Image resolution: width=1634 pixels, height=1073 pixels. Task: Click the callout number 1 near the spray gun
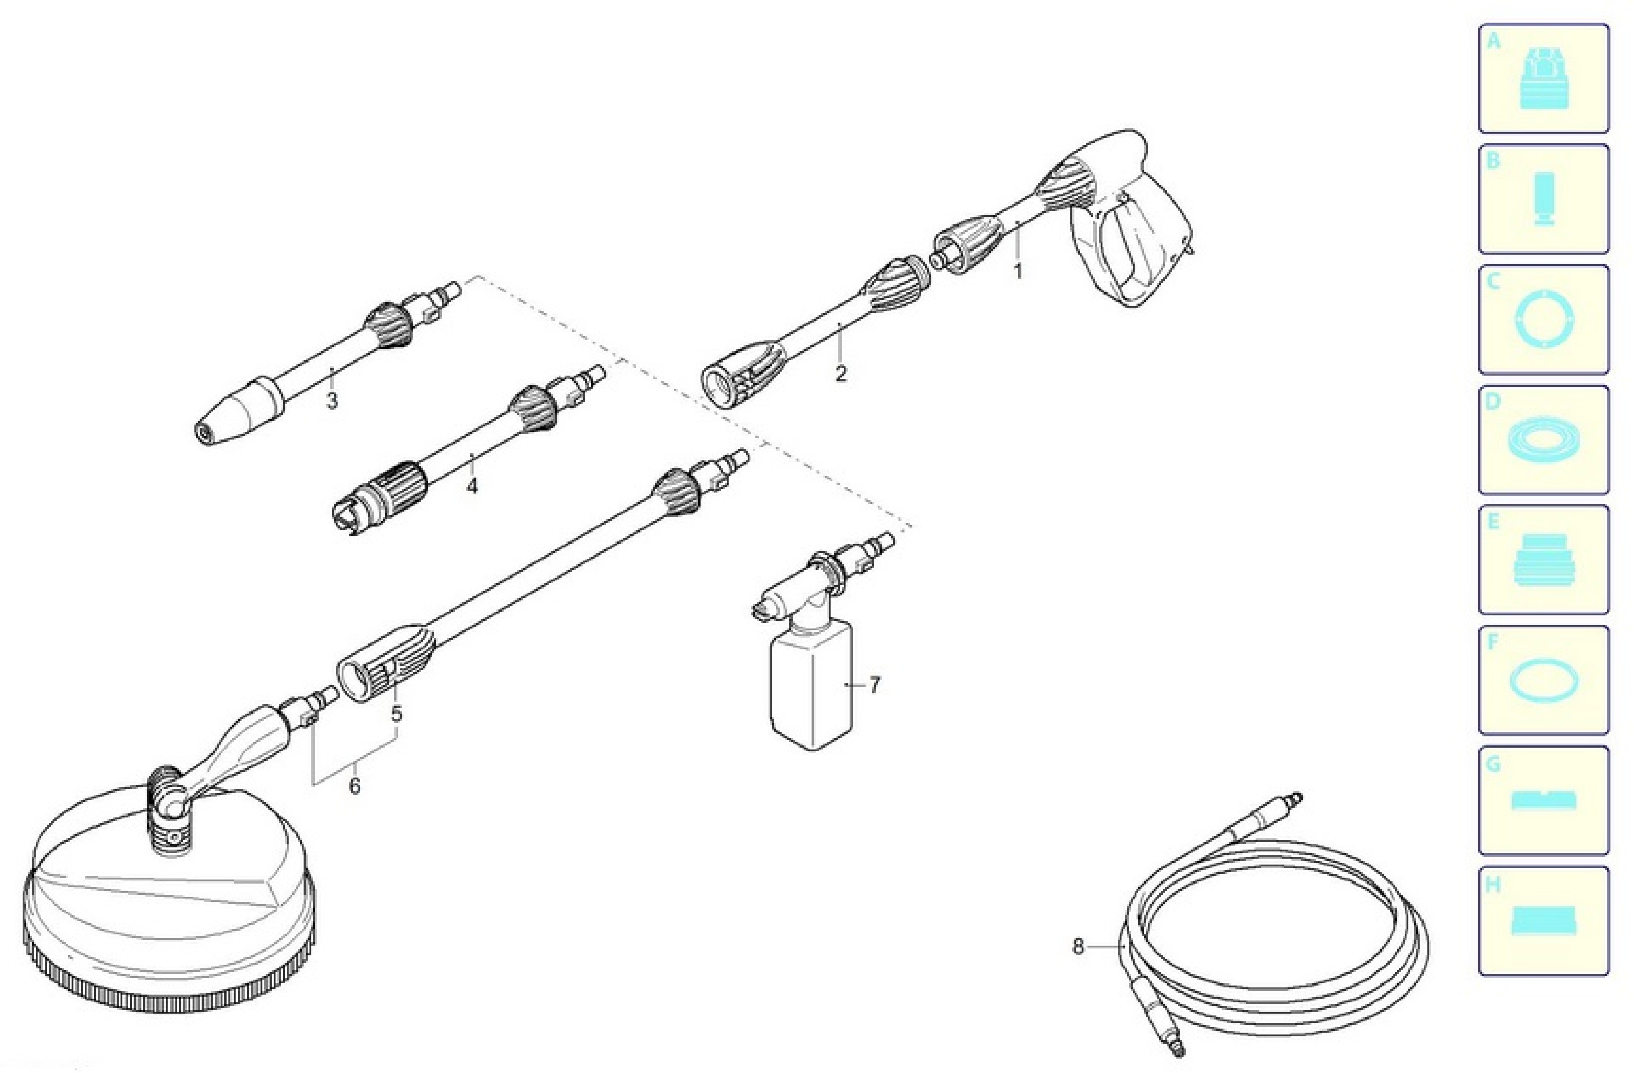click(x=1018, y=271)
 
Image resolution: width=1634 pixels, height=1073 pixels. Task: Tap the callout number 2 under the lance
click(x=841, y=373)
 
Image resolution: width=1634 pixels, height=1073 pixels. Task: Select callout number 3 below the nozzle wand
click(x=332, y=400)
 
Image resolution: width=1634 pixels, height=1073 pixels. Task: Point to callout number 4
click(x=472, y=486)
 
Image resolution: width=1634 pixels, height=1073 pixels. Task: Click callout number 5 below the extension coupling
click(x=397, y=714)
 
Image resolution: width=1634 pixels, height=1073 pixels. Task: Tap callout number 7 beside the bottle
click(x=874, y=684)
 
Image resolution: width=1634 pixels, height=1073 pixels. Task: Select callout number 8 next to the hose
click(x=1078, y=947)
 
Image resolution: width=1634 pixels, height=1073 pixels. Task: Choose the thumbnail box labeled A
click(x=1543, y=78)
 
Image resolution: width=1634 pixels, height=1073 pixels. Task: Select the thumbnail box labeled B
click(x=1543, y=198)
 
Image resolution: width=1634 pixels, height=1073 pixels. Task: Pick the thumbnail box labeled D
click(x=1543, y=440)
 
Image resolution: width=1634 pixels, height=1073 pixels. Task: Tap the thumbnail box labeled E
click(x=1543, y=560)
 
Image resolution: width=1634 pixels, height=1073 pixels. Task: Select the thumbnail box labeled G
click(x=1543, y=801)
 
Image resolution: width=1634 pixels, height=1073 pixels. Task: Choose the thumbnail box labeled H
click(x=1543, y=921)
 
